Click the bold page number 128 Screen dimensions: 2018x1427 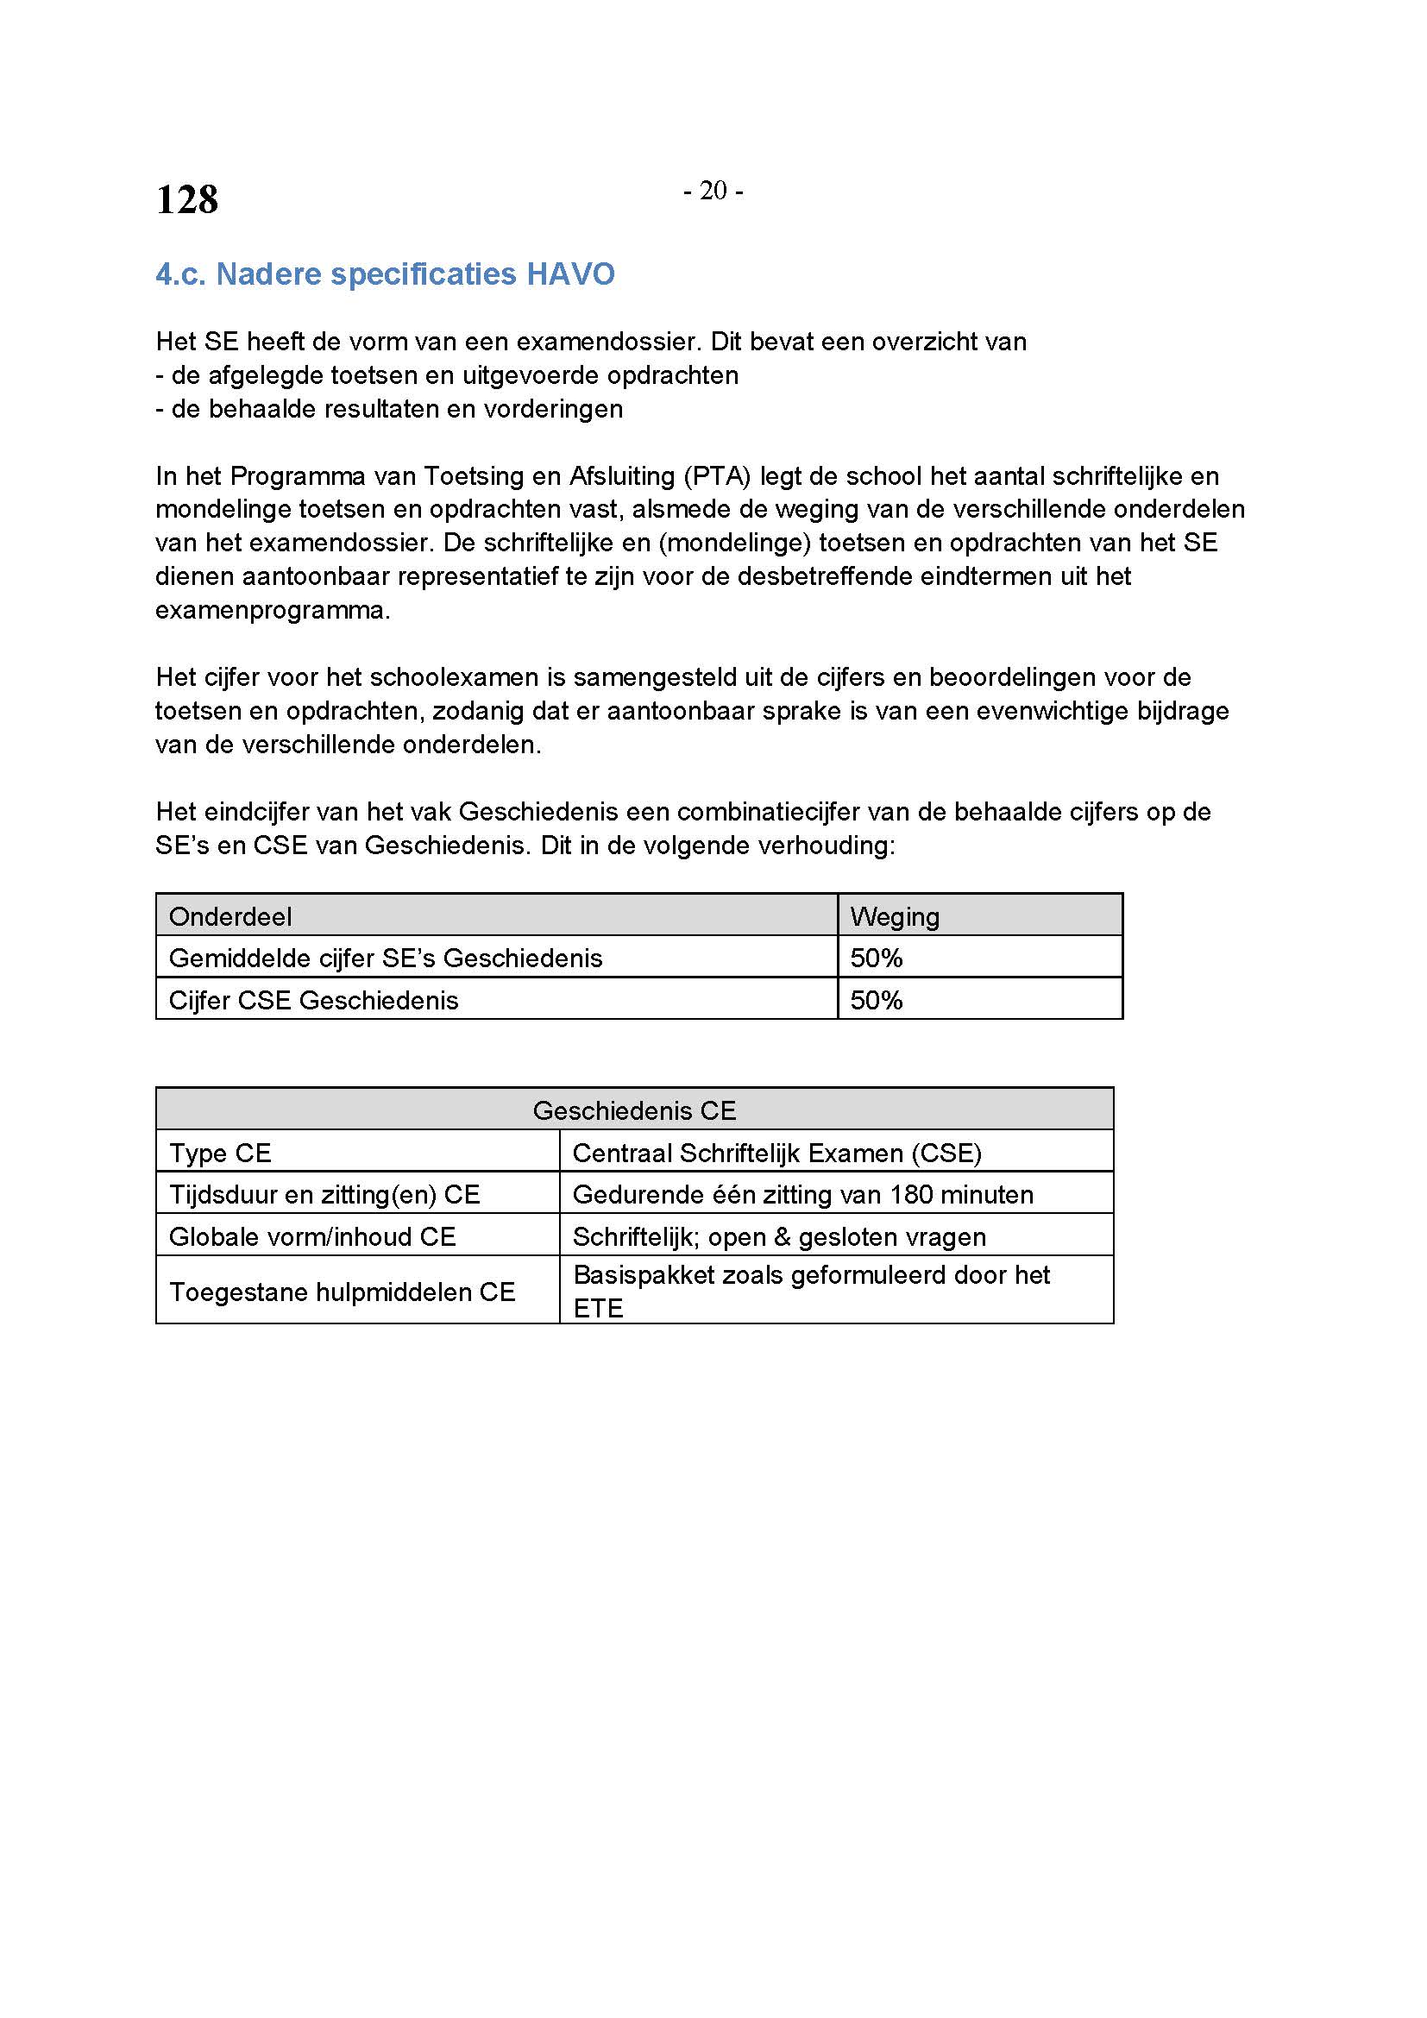[187, 199]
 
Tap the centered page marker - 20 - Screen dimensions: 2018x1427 [713, 191]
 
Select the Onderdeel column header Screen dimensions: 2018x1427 [230, 917]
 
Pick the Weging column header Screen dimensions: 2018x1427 [895, 917]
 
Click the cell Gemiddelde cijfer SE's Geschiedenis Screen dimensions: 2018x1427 [385, 958]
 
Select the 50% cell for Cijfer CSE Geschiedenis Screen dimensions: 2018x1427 [876, 1000]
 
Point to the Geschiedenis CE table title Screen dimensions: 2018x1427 [633, 1111]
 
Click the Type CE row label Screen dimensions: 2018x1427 [220, 1154]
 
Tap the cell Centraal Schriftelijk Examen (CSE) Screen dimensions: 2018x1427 [776, 1154]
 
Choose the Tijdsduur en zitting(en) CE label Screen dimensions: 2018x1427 [324, 1194]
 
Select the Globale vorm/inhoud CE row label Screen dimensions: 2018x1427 [312, 1236]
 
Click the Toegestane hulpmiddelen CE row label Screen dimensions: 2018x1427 [342, 1292]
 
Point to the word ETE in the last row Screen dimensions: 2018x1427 [598, 1309]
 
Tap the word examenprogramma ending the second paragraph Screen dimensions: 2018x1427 [273, 610]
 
